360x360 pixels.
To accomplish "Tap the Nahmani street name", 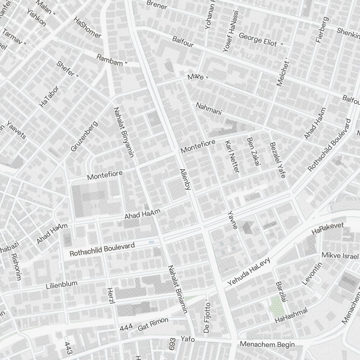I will (209, 109).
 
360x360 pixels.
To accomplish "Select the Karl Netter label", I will (232, 156).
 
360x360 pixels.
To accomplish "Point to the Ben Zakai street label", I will (253, 152).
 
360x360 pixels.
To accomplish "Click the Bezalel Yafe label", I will (278, 160).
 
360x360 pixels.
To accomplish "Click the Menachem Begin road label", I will (267, 344).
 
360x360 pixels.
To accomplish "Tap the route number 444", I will (126, 328).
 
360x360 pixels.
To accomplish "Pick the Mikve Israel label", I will (340, 256).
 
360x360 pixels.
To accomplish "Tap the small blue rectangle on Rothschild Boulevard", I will (151, 242).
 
